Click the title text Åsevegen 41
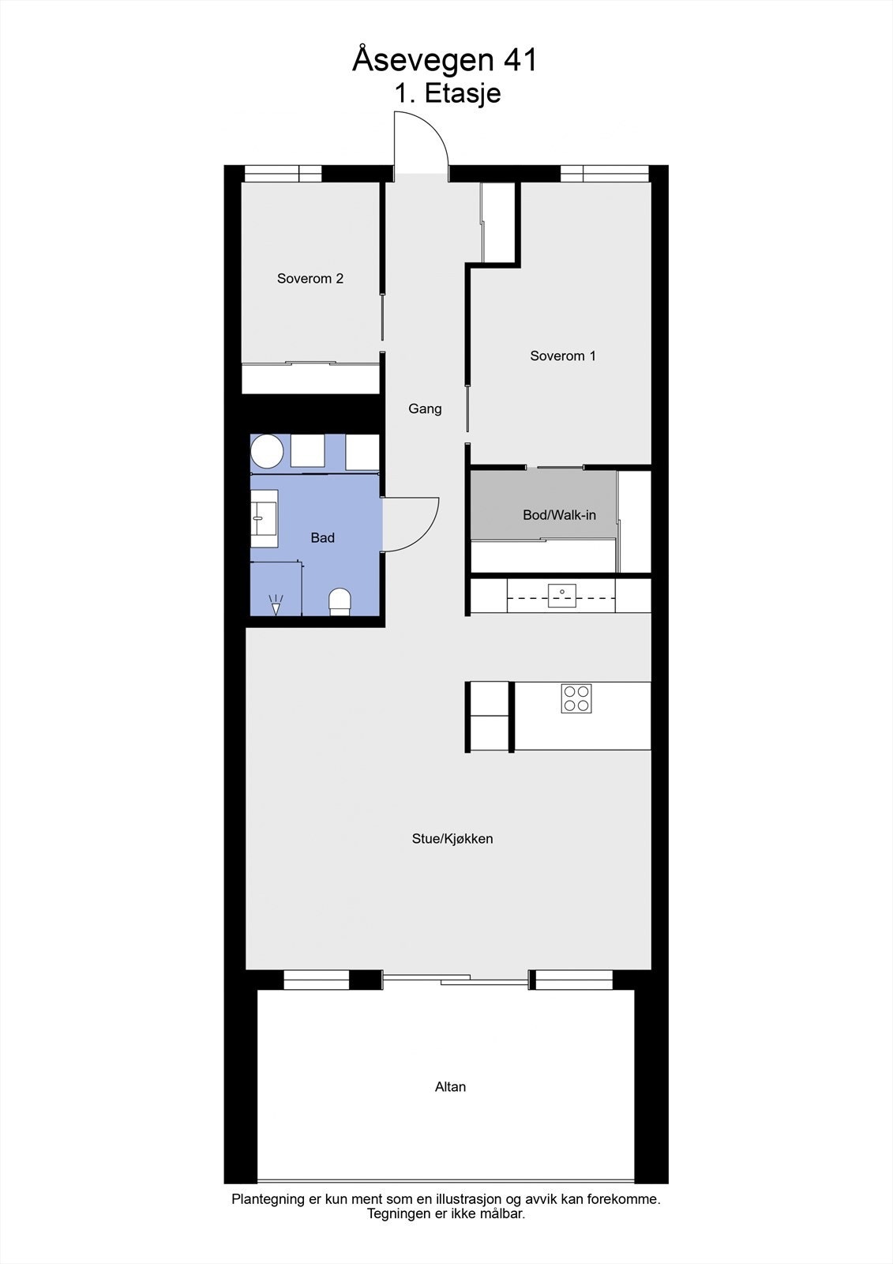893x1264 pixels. tap(445, 60)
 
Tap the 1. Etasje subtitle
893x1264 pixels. tap(448, 93)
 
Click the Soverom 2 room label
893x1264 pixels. tap(310, 278)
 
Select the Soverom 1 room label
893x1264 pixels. tap(562, 355)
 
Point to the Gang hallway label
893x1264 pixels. tap(425, 408)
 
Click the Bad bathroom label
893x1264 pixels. tap(322, 537)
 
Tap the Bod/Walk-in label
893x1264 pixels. tap(559, 515)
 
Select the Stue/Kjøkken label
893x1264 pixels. tap(452, 838)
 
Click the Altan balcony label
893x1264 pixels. tap(450, 1086)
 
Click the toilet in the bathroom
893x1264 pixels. tap(340, 602)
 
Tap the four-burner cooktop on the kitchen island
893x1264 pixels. tap(576, 698)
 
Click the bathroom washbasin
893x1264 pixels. tap(264, 518)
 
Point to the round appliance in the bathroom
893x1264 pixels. tap(267, 452)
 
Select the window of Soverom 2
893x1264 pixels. tap(283, 174)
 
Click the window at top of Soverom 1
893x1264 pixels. tap(605, 174)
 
